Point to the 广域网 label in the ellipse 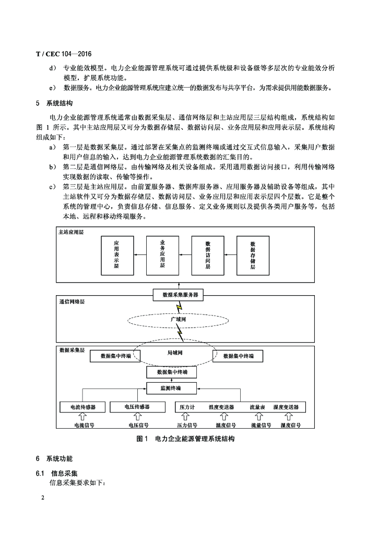click(179, 318)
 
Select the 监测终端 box click(171, 389)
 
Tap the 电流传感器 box click(82, 407)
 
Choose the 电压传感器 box click(137, 407)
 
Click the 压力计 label click(187, 407)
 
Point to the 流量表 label click(257, 407)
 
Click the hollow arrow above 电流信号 click(82, 417)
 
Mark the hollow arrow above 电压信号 click(137, 417)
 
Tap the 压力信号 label click(186, 426)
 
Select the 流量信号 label click(261, 426)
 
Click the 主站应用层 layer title click(72, 232)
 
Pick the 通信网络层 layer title click(72, 301)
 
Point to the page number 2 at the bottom click(43, 498)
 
